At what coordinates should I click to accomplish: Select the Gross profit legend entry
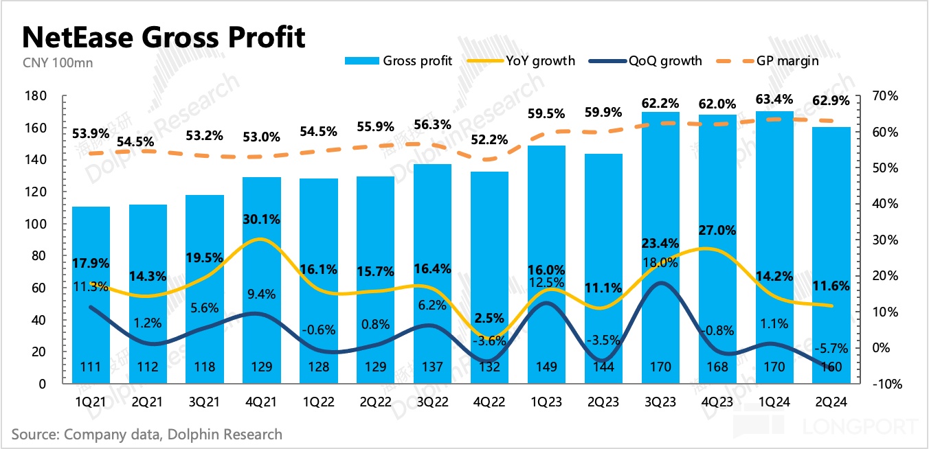click(399, 61)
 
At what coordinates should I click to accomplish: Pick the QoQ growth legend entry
click(645, 61)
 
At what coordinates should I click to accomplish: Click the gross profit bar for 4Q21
click(262, 275)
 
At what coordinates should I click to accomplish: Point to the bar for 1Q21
click(91, 288)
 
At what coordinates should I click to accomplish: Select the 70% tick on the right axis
click(882, 96)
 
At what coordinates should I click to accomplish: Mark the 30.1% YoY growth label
click(262, 220)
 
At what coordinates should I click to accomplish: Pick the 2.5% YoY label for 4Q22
click(489, 319)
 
